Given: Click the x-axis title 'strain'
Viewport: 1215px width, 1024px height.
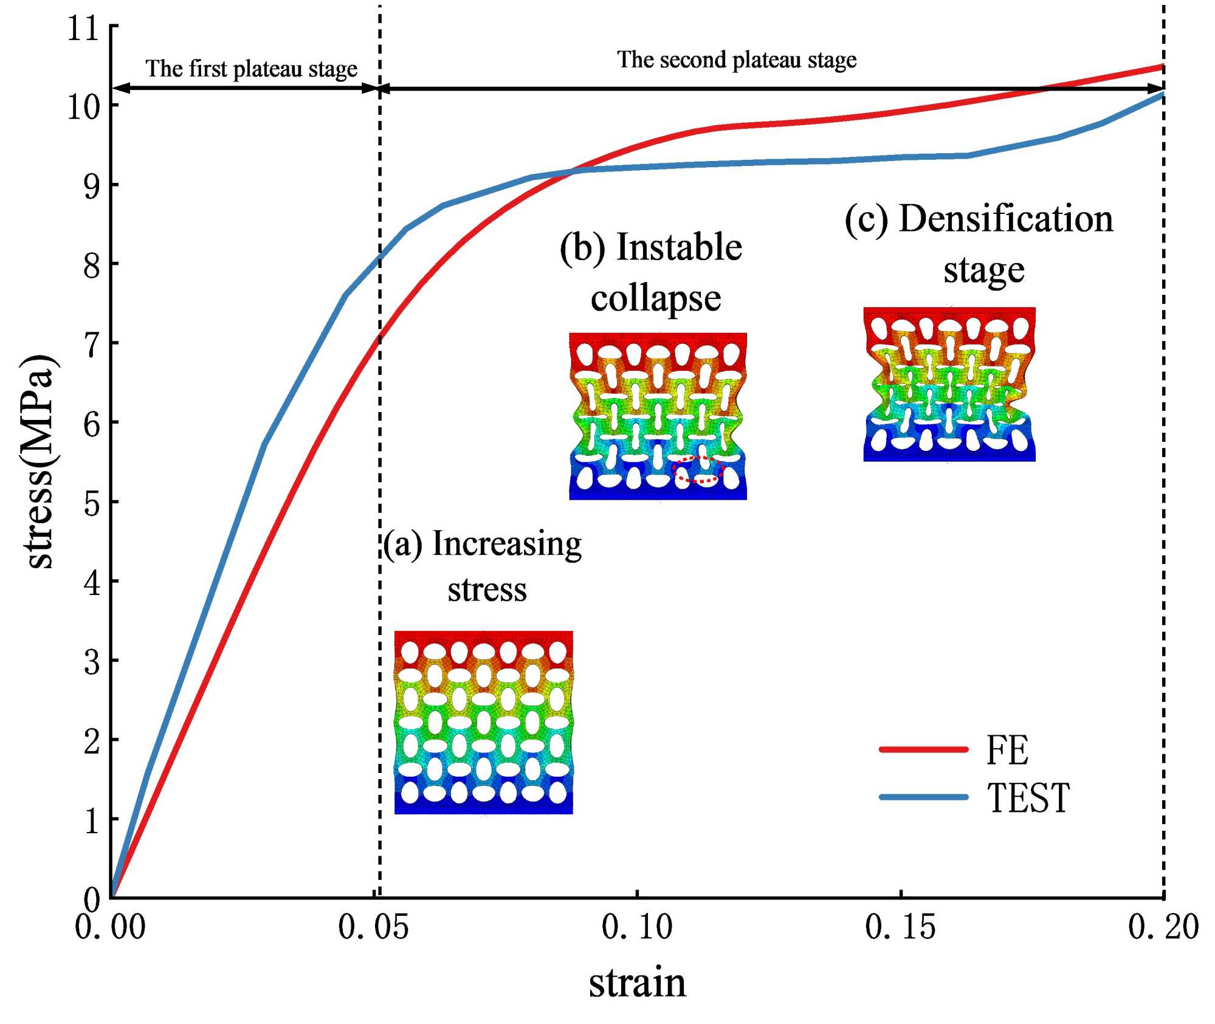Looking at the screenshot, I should tap(637, 983).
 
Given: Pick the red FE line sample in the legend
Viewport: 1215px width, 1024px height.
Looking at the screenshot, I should tap(923, 749).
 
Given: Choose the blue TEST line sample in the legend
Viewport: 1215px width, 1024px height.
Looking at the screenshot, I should tap(923, 797).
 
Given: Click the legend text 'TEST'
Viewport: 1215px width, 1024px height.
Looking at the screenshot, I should tap(1028, 798).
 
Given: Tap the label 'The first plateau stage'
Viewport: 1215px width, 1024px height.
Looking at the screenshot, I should tap(251, 69).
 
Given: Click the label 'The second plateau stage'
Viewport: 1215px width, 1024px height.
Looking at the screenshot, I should tap(737, 60).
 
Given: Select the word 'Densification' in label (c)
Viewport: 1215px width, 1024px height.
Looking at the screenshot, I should tap(1006, 218).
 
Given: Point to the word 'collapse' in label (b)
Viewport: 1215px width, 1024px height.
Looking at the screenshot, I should tap(656, 298).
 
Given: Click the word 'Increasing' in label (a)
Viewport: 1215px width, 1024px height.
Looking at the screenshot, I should tap(506, 544).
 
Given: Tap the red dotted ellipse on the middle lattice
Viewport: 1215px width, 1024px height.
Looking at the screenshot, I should tap(698, 470).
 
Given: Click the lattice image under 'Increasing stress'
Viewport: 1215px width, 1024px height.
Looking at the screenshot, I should tap(484, 722).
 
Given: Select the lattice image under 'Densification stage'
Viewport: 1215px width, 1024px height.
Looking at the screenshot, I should tap(949, 384).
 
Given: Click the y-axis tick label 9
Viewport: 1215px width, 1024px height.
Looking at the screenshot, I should tap(92, 186).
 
